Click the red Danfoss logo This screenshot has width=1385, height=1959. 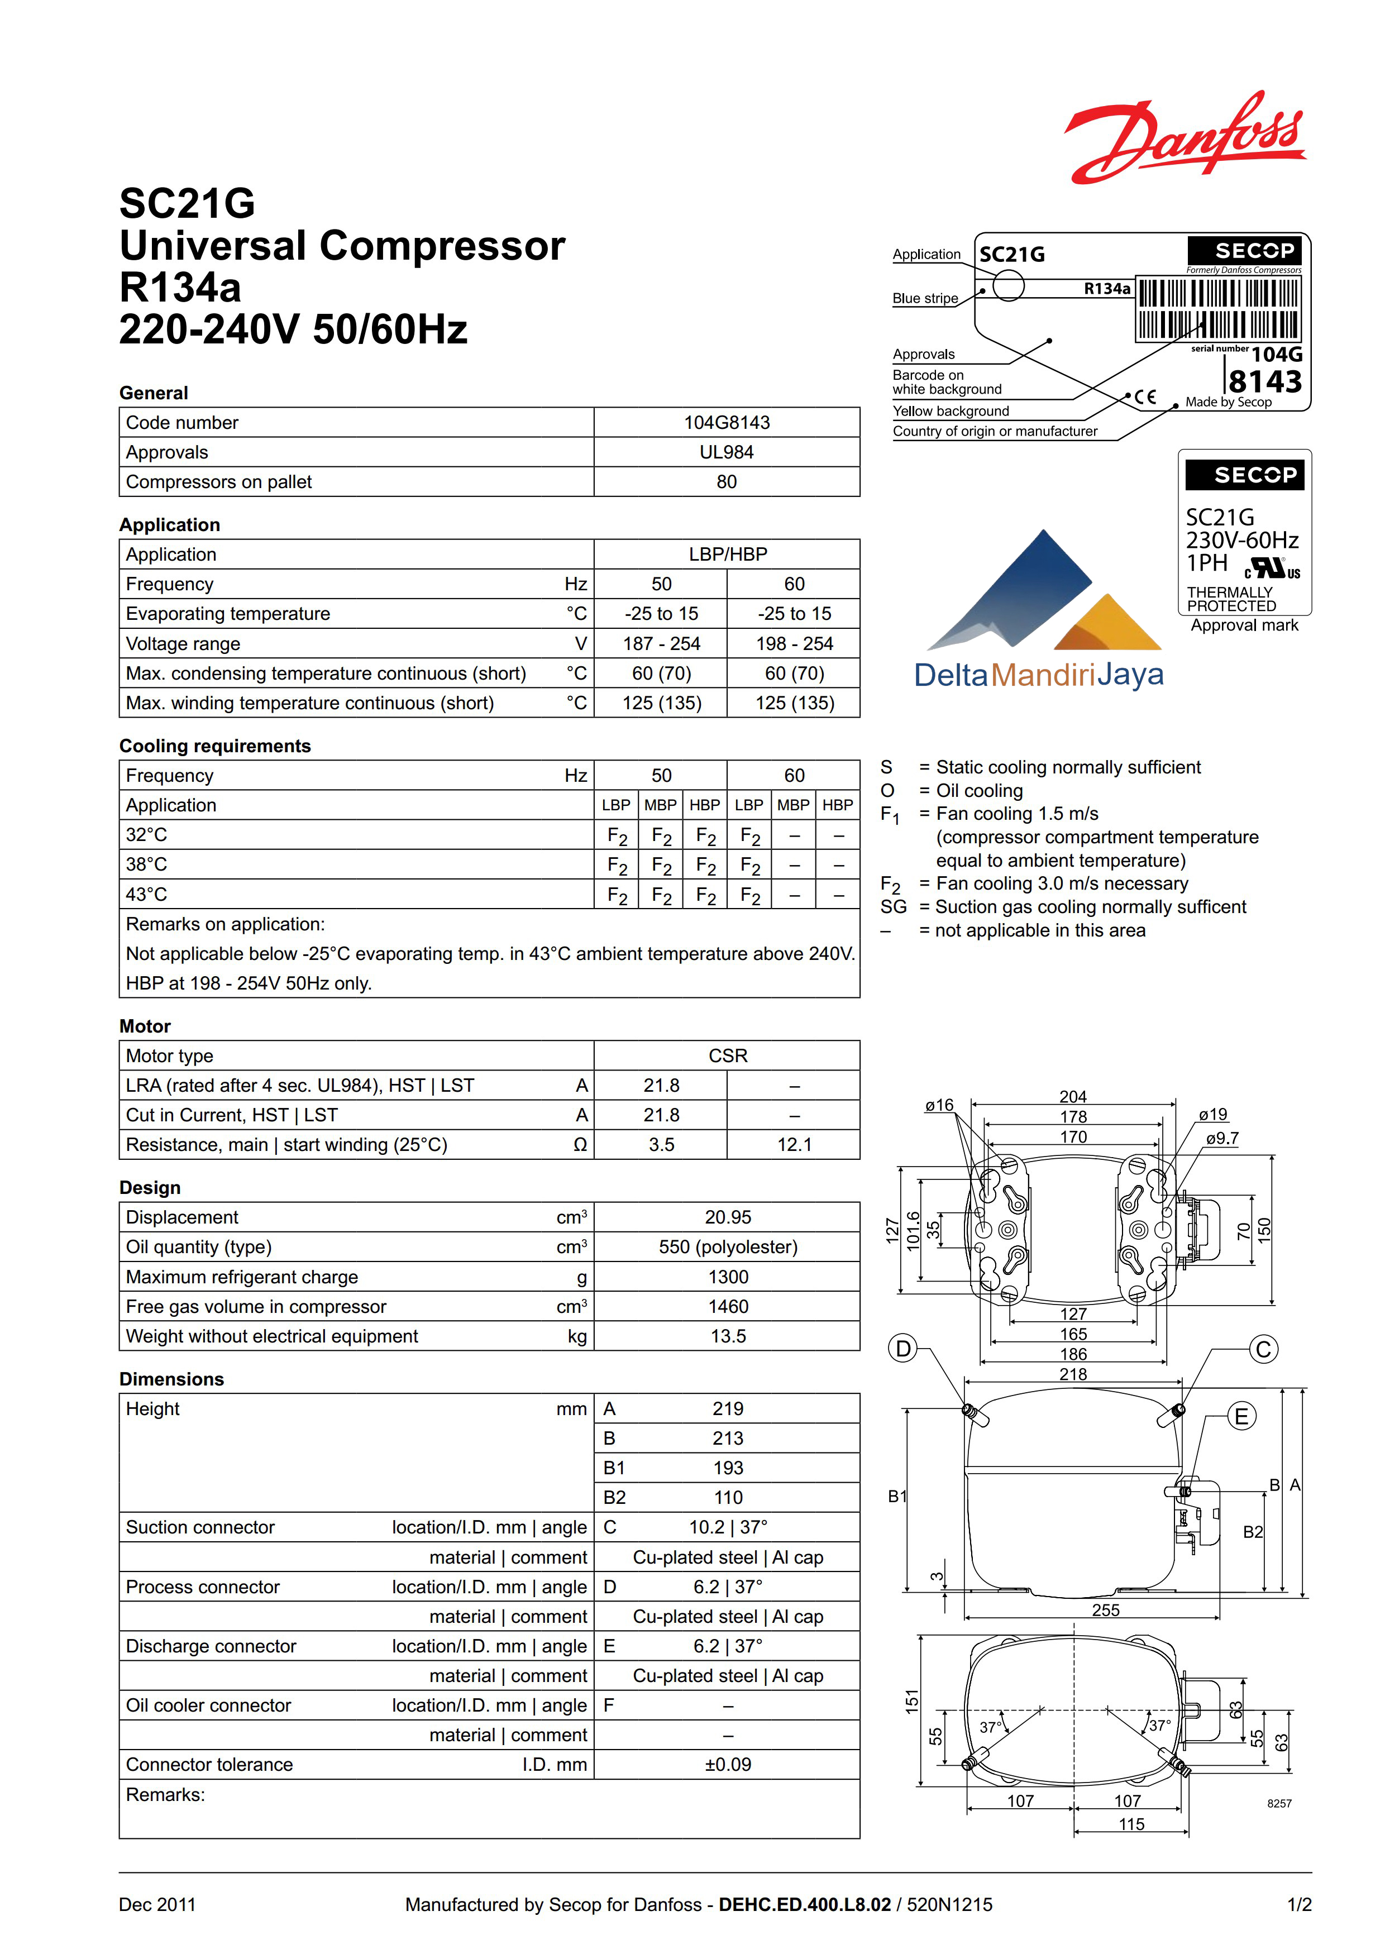[1185, 138]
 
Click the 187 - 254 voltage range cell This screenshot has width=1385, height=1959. [661, 643]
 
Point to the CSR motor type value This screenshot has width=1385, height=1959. [727, 1055]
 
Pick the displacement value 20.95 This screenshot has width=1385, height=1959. [727, 1217]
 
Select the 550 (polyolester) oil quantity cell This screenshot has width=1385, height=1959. [727, 1246]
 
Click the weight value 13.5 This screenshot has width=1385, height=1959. [727, 1336]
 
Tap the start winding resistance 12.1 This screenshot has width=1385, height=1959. [794, 1144]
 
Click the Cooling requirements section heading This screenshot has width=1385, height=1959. [215, 746]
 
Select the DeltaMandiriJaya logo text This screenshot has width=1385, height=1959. [1039, 675]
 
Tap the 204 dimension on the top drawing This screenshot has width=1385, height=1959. [1073, 1096]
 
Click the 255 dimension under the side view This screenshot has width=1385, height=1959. [1105, 1610]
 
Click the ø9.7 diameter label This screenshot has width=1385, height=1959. [1222, 1138]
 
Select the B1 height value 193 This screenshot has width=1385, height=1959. [727, 1468]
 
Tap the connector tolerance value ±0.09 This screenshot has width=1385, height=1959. [727, 1765]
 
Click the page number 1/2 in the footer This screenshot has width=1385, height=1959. [1299, 1904]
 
